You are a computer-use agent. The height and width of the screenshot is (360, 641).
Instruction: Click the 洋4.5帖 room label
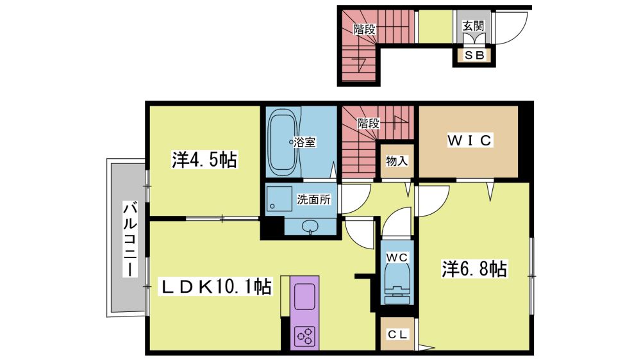click(204, 160)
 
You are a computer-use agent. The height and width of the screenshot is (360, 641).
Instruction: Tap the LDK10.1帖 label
click(215, 286)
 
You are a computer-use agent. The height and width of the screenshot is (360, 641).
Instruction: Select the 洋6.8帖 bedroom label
click(474, 269)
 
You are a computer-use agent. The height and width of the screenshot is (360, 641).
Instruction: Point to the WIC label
click(470, 140)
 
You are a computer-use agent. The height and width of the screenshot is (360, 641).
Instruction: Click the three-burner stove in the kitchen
click(305, 334)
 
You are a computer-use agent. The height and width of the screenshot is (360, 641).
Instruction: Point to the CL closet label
click(397, 334)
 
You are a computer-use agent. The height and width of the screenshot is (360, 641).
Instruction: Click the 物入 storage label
click(397, 161)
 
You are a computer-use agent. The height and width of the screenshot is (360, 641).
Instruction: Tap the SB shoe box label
click(474, 54)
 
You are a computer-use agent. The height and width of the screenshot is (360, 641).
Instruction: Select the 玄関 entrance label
click(474, 26)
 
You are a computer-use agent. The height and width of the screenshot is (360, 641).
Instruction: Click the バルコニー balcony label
click(130, 239)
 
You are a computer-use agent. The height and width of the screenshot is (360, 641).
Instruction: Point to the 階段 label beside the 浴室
click(369, 123)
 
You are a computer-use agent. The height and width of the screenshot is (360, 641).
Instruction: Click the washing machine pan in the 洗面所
click(279, 199)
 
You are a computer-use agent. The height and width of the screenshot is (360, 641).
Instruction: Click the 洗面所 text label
click(313, 199)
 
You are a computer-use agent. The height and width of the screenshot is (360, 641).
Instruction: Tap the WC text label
click(397, 258)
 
